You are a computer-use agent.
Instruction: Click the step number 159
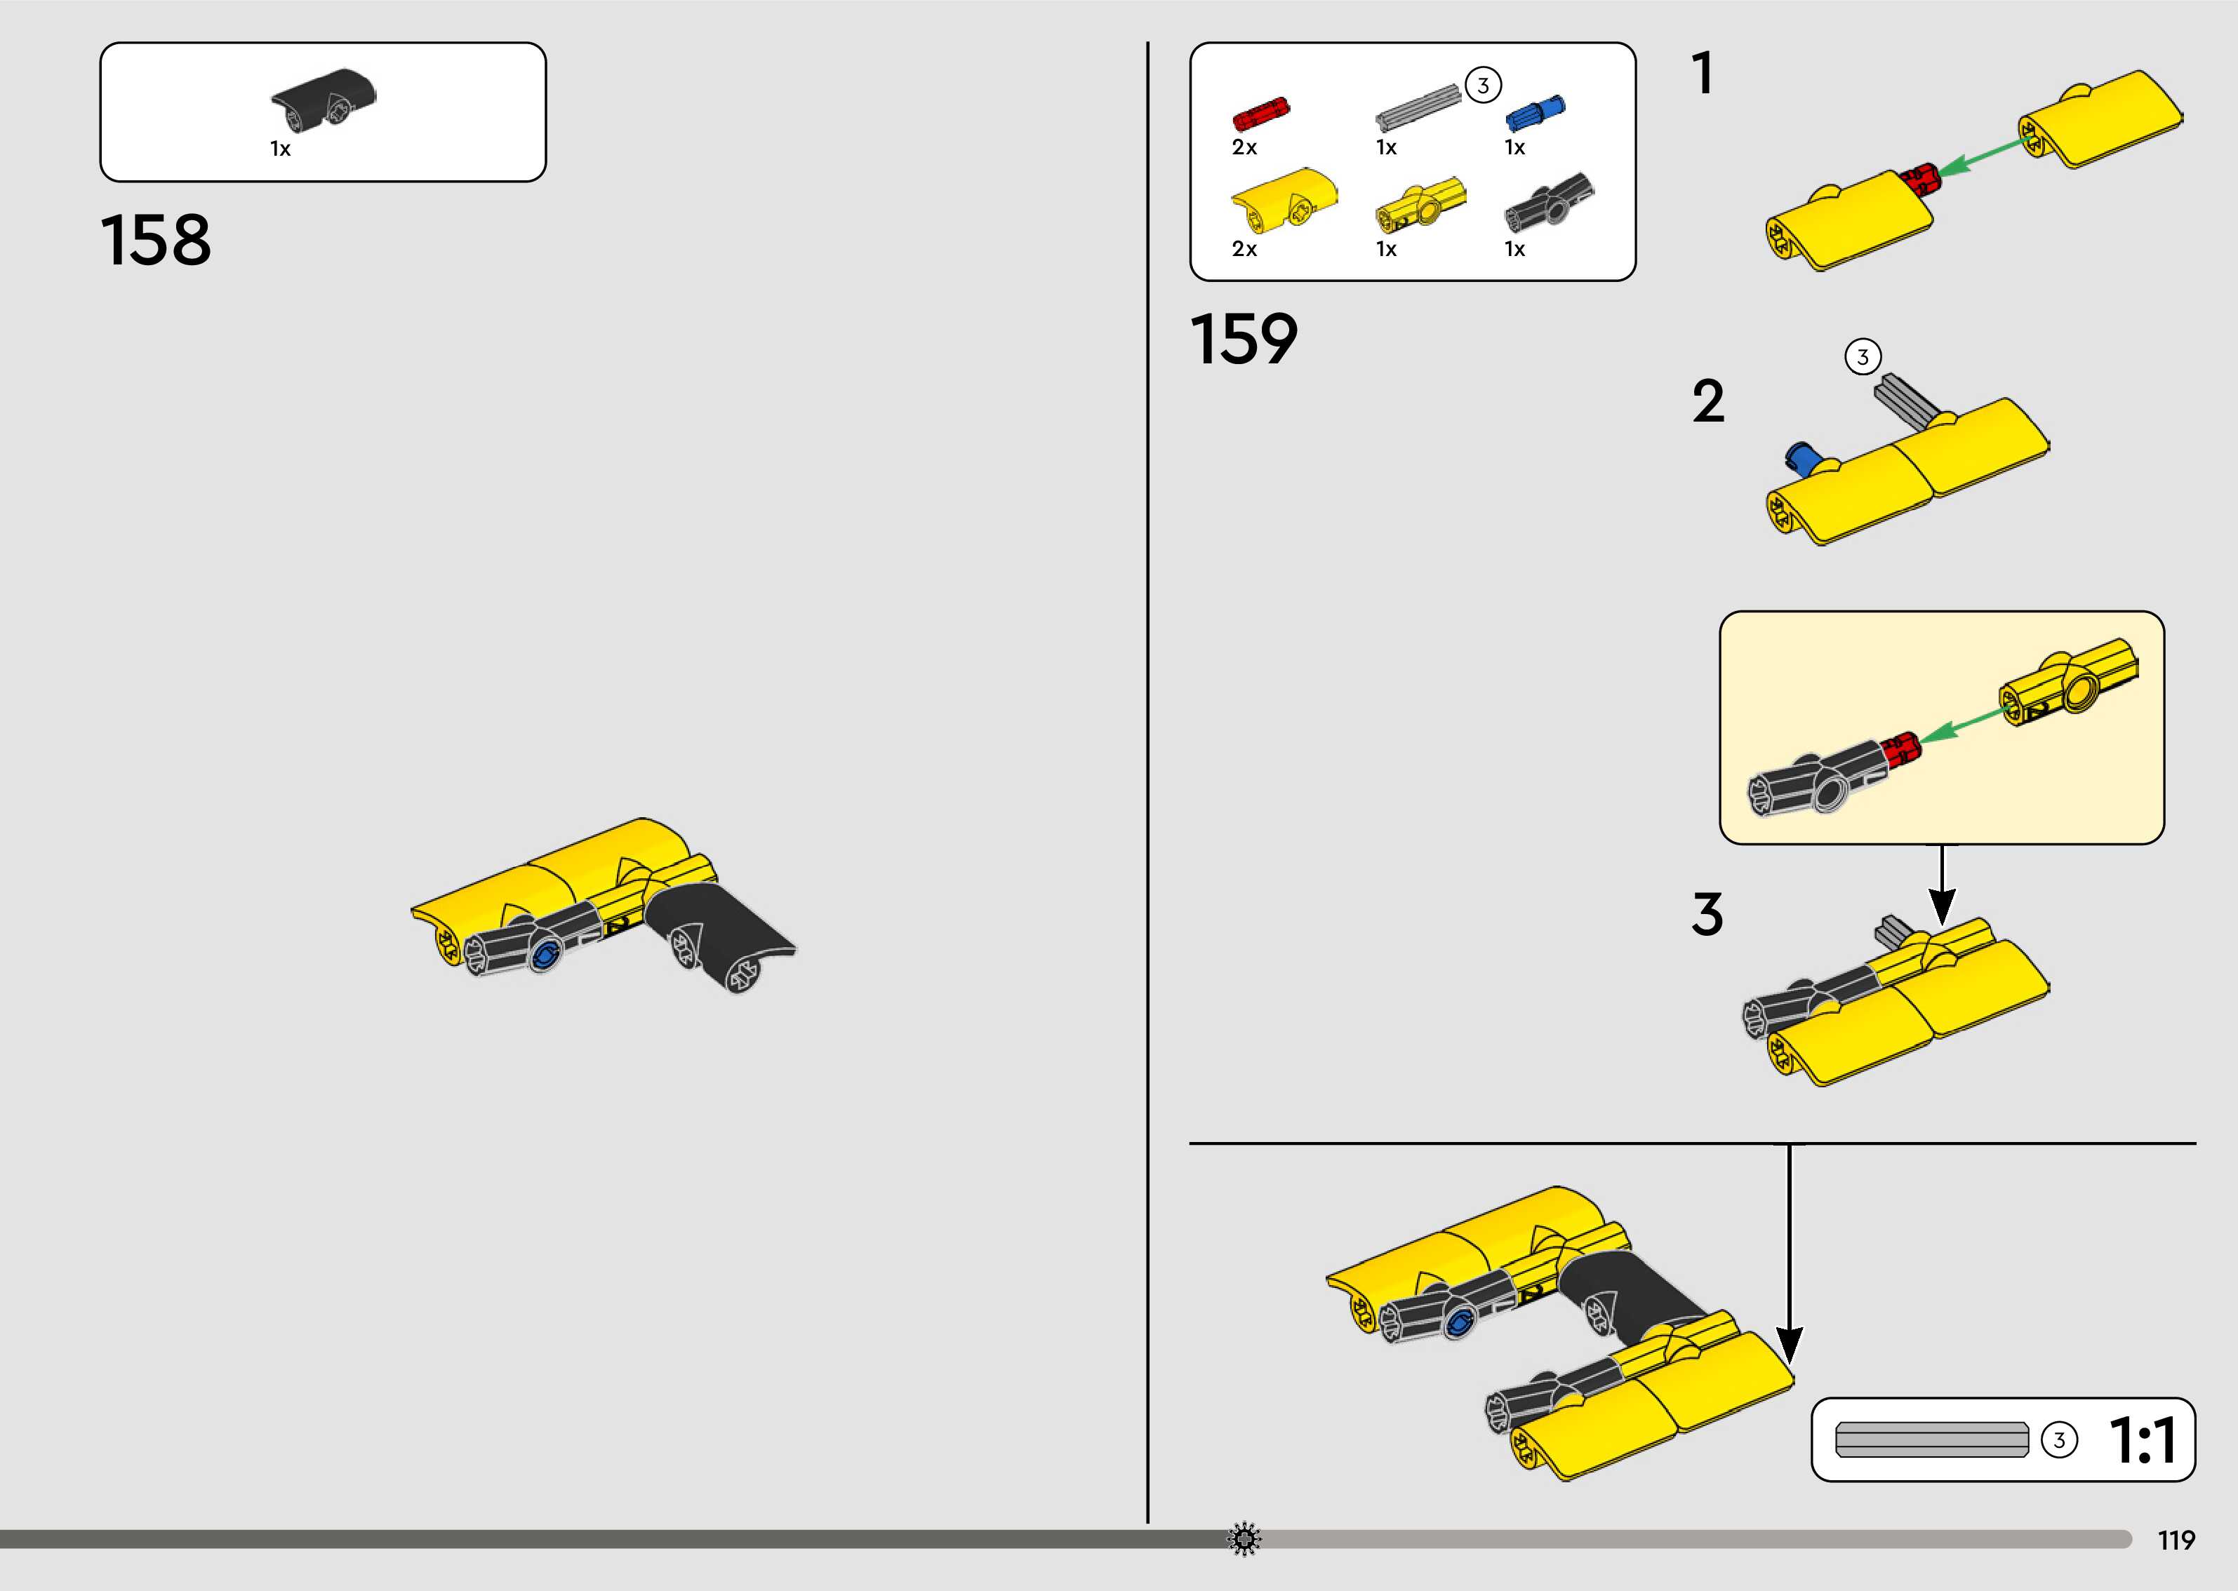click(1244, 340)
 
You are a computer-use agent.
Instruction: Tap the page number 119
click(2176, 1540)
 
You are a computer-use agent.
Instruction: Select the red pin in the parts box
click(1261, 114)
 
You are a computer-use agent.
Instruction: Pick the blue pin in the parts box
click(1535, 113)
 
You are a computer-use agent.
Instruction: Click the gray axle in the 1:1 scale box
click(1931, 1439)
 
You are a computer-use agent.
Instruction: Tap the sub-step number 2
click(1708, 402)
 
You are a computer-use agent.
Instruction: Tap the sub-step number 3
click(1707, 914)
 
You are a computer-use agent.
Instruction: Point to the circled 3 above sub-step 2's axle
click(1863, 356)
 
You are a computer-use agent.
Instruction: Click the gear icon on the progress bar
click(1244, 1539)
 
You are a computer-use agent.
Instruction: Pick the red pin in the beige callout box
click(1901, 748)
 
